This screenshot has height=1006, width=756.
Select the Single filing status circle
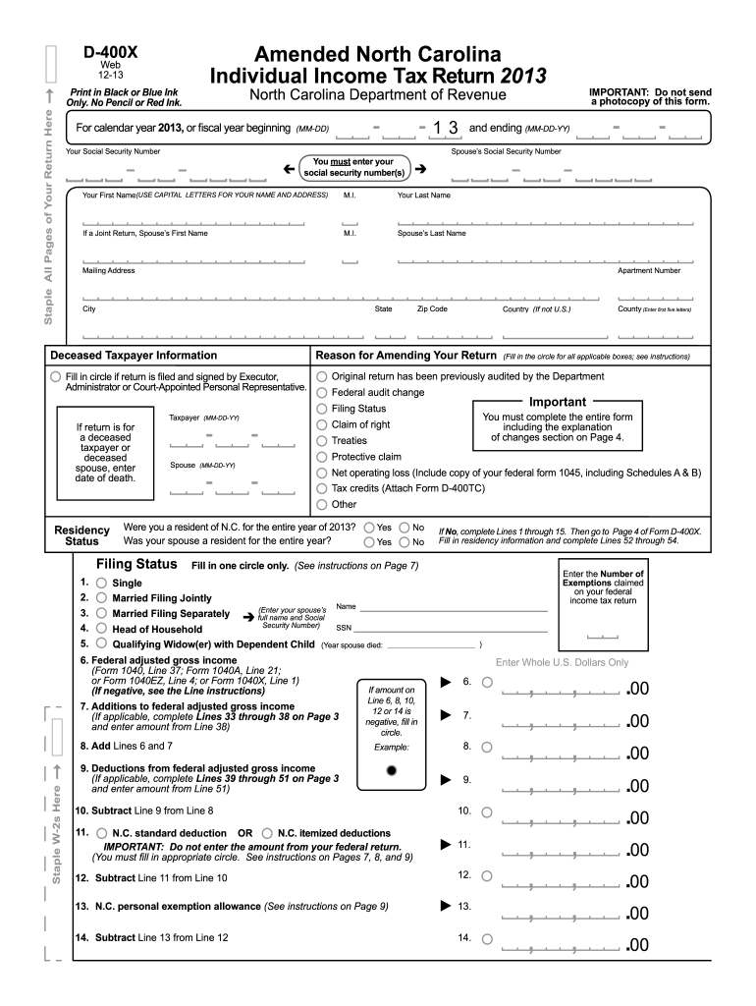[101, 583]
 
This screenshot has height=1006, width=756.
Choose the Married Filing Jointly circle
[101, 597]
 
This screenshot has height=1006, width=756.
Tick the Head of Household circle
[101, 629]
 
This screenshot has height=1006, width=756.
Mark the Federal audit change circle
[321, 392]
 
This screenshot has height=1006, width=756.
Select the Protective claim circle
[321, 457]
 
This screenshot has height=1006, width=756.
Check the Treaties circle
[321, 440]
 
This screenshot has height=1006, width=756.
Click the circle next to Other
[321, 504]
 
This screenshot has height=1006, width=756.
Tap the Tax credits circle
[321, 488]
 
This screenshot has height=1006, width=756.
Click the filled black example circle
[392, 770]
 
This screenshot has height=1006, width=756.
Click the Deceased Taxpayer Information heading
[134, 356]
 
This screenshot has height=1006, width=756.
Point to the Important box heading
[557, 402]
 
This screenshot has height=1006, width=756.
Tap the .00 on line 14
[637, 945]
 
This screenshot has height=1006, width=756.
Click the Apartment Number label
[648, 271]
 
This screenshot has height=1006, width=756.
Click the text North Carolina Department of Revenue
[377, 95]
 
